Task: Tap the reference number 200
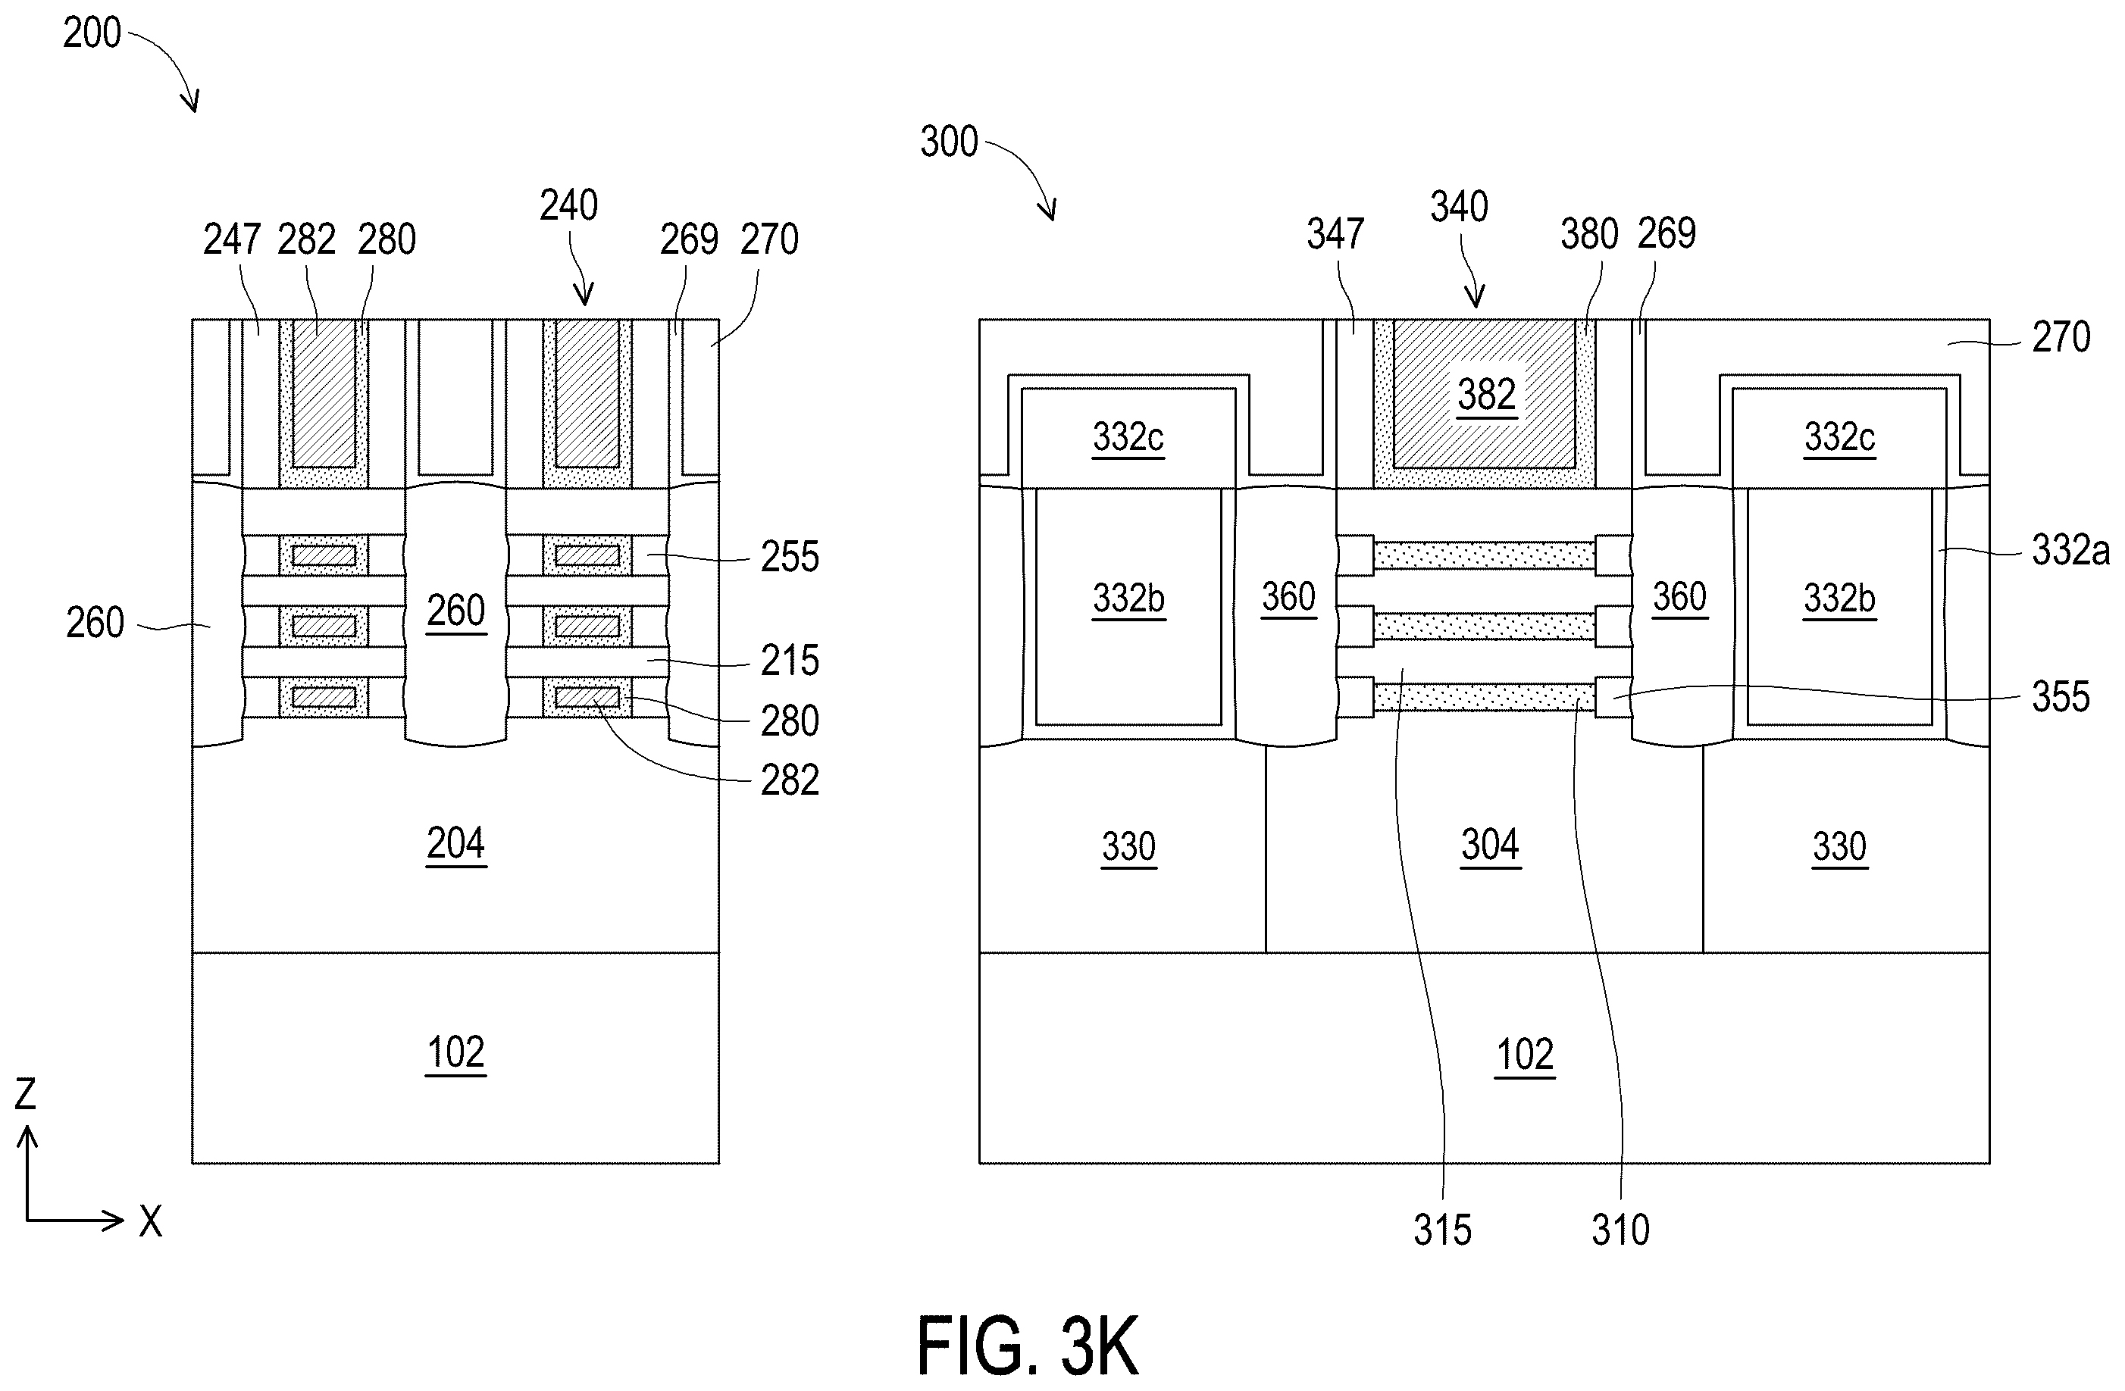tap(91, 33)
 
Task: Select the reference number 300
tap(949, 142)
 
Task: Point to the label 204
tap(455, 842)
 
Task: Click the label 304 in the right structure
tap(1489, 845)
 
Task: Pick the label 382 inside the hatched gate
tap(1487, 395)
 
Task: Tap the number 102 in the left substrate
tap(455, 1052)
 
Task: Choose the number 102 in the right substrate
tap(1525, 1055)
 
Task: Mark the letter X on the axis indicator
tap(151, 1221)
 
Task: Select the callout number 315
tap(1443, 1230)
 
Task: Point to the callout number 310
tap(1620, 1230)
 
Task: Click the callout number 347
tap(1336, 234)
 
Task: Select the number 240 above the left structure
tap(568, 205)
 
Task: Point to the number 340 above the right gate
tap(1460, 207)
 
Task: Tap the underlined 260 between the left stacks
tap(456, 611)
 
